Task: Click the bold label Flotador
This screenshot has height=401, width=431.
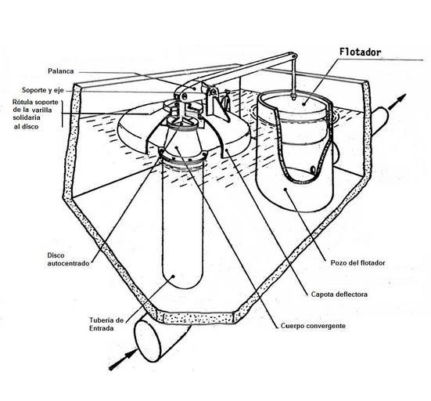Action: point(360,52)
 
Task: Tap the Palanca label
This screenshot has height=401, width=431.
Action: point(61,71)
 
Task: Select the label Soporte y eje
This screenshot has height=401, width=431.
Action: point(42,90)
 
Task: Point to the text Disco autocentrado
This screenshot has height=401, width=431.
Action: point(68,259)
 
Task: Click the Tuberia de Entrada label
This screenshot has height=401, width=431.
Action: point(106,324)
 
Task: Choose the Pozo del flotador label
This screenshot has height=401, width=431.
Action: point(358,262)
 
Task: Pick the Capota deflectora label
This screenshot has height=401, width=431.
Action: point(339,294)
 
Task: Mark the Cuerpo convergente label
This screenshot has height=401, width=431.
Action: point(313,326)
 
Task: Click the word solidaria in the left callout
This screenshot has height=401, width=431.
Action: point(27,117)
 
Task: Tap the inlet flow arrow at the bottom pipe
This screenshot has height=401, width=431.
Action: point(123,359)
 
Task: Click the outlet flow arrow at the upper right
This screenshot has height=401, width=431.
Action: point(397,102)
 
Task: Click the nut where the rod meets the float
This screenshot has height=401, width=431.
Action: point(293,96)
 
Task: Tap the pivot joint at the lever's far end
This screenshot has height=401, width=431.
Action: point(293,56)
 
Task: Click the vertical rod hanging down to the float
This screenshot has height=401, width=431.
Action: point(293,75)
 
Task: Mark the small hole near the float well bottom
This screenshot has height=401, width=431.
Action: point(313,169)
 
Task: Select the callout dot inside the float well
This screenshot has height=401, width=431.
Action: point(286,190)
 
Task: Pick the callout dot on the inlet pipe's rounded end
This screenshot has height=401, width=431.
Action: point(174,276)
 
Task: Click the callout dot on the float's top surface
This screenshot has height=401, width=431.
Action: point(303,103)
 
